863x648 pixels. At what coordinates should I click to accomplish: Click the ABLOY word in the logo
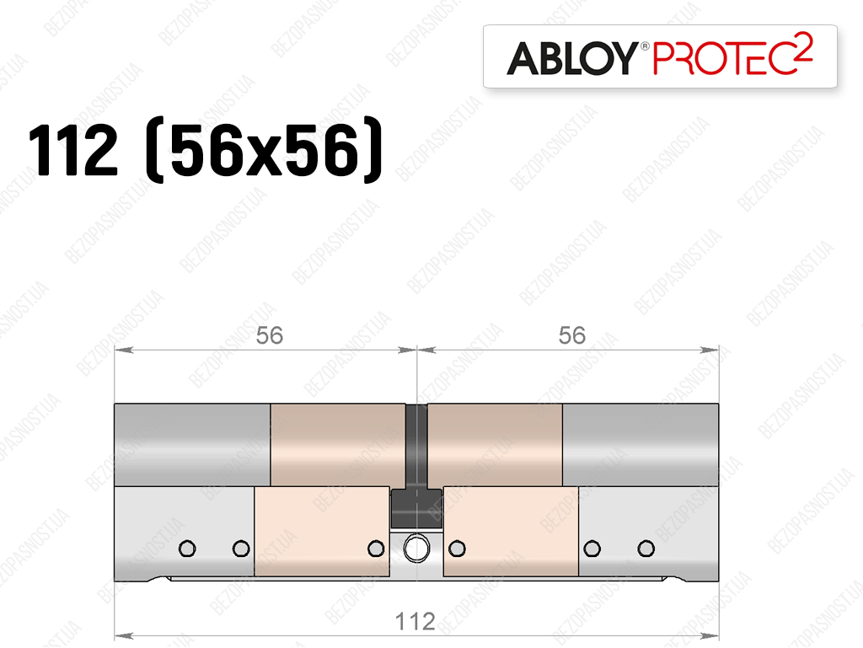(x=572, y=58)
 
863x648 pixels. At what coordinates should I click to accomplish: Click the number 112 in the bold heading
(x=73, y=150)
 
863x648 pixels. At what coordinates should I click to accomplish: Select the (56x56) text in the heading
(x=264, y=150)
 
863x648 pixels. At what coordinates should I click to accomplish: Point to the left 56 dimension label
(x=269, y=335)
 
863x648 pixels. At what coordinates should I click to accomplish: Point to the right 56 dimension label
(x=572, y=335)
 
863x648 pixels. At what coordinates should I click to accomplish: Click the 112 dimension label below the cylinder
(x=415, y=622)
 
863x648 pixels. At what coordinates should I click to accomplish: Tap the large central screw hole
(x=416, y=549)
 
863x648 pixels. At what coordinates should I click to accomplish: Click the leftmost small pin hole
(x=187, y=549)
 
